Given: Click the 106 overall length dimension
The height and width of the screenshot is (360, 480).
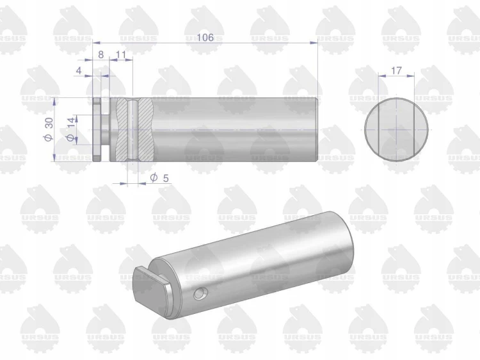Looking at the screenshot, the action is tap(205, 37).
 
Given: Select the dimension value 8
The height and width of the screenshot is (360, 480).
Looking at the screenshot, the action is tap(100, 54).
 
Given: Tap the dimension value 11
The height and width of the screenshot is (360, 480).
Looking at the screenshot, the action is tap(121, 54).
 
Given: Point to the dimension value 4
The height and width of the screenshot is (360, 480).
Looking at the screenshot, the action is tap(79, 70).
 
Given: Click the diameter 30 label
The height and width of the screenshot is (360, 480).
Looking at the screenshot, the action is tap(49, 129).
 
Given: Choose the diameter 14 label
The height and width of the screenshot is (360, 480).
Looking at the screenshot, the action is tap(70, 129).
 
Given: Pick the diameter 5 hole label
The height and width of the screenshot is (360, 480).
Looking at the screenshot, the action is tap(159, 177).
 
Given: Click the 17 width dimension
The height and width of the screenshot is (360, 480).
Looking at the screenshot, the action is tap(396, 70).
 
